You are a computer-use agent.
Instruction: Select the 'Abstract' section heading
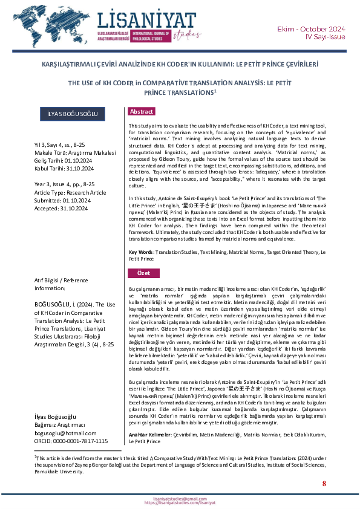pos(142,112)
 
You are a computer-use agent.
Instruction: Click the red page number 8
pos(324,484)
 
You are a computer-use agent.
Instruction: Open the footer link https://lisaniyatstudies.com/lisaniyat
pos(180,502)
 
